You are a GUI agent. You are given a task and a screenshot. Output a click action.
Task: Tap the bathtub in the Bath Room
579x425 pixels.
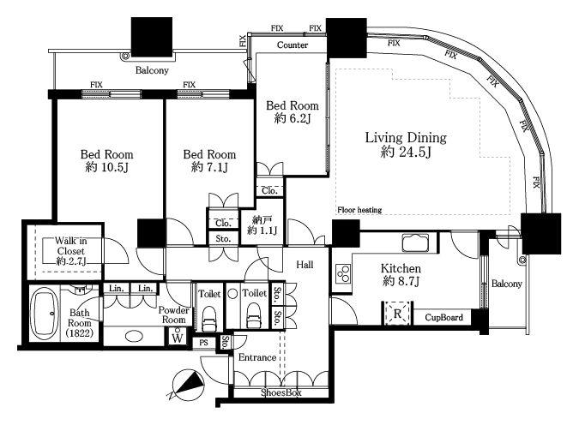coord(44,314)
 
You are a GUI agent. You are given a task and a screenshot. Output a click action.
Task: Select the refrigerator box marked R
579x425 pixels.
coord(397,314)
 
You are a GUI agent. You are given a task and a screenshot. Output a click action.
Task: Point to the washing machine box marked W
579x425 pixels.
coord(178,338)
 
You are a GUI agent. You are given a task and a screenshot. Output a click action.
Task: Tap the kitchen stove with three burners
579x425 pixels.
coord(343,273)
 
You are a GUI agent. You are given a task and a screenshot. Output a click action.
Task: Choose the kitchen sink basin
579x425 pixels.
coord(415,242)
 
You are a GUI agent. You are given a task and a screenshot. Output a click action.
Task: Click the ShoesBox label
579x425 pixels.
coord(281,392)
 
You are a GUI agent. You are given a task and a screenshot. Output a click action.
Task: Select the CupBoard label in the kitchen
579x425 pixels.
coord(443,317)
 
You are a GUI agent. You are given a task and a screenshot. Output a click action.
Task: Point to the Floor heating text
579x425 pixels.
coord(359,210)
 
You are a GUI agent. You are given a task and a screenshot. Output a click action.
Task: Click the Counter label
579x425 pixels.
coord(293,45)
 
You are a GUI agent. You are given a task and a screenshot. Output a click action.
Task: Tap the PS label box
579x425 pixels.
coord(204,343)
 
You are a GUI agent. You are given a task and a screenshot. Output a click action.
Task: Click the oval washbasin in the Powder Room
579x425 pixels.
coord(134,336)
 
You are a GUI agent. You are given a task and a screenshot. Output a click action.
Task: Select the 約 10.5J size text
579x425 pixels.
coord(106,167)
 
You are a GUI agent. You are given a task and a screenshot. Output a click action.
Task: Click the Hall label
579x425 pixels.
coord(305,264)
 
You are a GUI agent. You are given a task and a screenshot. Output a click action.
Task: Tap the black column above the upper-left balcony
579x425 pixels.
coord(152,37)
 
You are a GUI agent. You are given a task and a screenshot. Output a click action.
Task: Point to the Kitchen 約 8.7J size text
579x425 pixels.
coord(401,282)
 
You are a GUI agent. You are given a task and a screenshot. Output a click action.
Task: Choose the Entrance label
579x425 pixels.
coord(257,357)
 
